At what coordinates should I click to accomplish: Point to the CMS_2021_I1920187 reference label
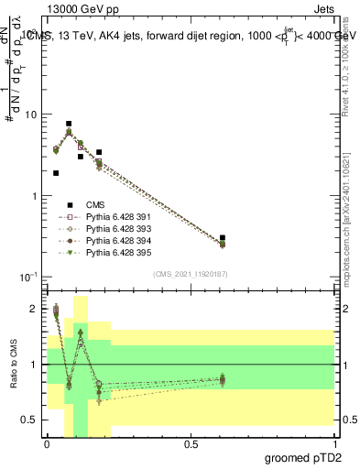[190, 274]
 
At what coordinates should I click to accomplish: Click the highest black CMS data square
[69, 124]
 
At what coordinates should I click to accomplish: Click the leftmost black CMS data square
[56, 172]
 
